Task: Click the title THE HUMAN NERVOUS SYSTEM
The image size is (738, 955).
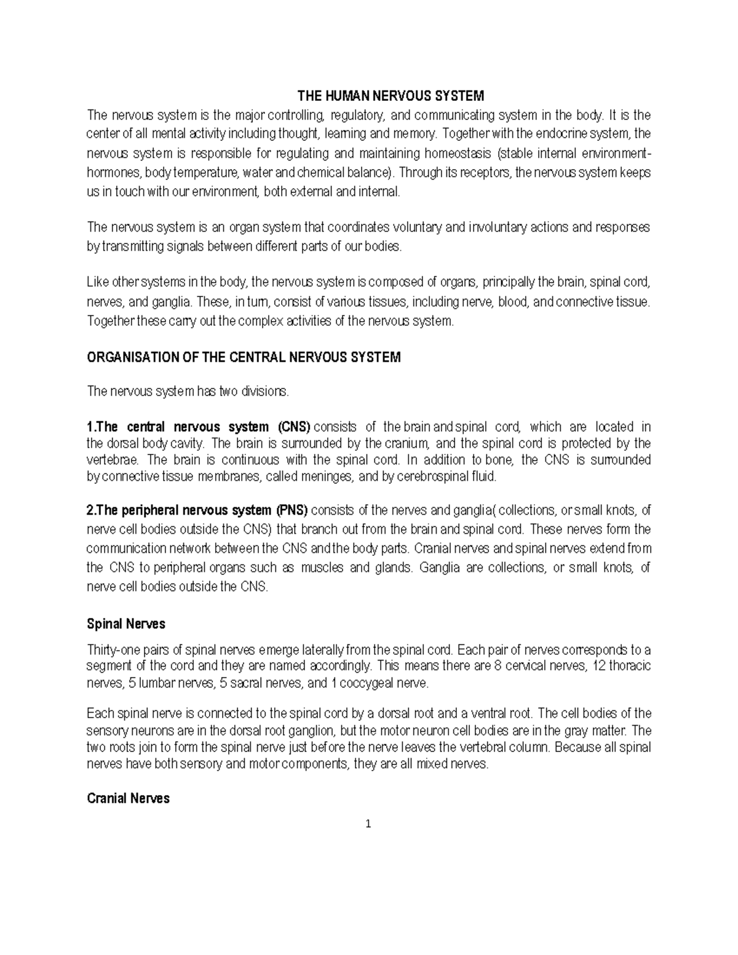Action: pos(391,96)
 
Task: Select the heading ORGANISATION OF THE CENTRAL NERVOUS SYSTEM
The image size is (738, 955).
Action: pos(244,357)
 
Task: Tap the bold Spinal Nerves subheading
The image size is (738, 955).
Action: pos(126,624)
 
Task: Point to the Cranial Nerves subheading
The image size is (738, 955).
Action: pos(128,799)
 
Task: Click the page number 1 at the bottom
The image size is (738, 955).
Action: pos(368,825)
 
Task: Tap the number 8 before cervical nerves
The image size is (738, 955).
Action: pos(498,666)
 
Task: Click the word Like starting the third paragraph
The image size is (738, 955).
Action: pos(98,283)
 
